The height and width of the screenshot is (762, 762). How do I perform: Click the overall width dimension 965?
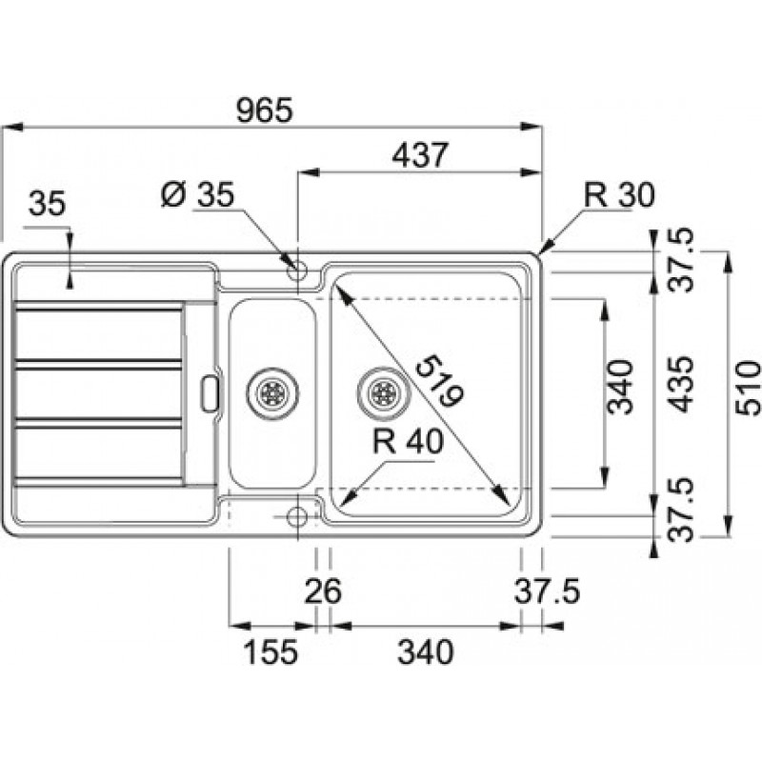click(x=265, y=110)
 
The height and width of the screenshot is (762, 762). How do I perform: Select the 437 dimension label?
click(x=419, y=155)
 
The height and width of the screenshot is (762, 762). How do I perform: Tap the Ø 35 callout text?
click(x=198, y=195)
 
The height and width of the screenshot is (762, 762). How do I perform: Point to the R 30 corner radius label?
click(x=619, y=195)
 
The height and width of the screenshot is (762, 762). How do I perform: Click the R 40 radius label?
click(x=409, y=441)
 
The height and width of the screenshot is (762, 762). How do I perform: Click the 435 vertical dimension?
click(x=680, y=385)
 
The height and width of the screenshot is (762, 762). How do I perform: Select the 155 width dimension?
click(x=270, y=652)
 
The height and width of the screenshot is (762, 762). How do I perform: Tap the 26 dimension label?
click(x=323, y=591)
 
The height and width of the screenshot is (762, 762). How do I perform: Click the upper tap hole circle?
click(x=297, y=271)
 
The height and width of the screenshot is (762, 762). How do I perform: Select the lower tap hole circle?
click(x=297, y=516)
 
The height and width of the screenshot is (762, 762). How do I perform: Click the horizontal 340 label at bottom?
click(x=425, y=652)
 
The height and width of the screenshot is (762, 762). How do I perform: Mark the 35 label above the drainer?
click(x=47, y=203)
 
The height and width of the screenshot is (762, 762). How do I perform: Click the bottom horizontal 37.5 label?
click(x=547, y=591)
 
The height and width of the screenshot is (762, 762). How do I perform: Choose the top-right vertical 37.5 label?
click(x=680, y=260)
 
